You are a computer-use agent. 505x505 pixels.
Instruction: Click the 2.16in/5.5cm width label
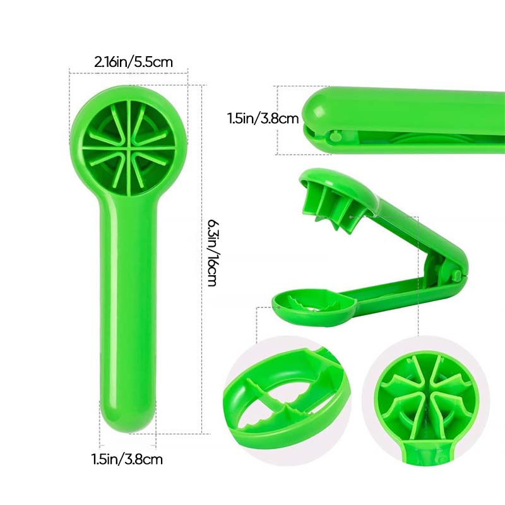(134, 61)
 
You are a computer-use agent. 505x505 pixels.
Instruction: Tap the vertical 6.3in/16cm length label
(212, 253)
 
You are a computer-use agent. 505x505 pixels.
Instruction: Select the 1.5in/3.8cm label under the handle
(128, 459)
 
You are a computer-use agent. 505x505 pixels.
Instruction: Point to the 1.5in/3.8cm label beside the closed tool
(263, 118)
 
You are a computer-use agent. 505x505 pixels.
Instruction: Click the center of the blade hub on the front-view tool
(129, 148)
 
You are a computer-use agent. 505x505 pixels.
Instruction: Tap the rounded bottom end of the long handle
(128, 419)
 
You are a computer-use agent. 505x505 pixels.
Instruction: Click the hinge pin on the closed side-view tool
(336, 136)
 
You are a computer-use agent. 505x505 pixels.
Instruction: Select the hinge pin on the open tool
(456, 275)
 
